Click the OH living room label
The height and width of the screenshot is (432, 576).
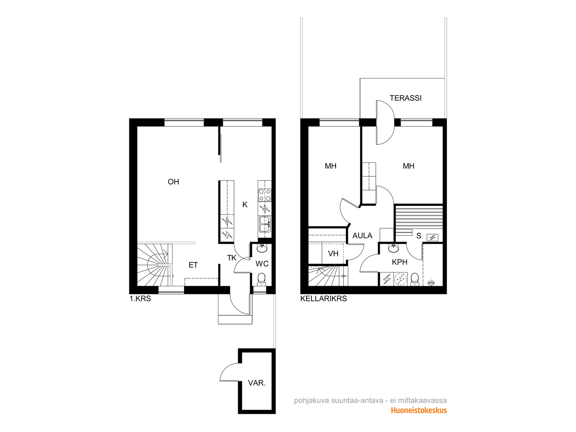173,182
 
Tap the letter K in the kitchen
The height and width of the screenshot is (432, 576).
245,204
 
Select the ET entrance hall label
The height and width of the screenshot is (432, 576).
193,265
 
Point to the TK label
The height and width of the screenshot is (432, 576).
232,258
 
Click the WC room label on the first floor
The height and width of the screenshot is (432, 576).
262,264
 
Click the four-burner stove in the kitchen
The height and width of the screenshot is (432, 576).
265,195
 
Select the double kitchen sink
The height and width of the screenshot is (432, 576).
265,224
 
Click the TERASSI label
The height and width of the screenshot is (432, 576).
405,98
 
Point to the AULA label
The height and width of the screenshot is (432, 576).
362,236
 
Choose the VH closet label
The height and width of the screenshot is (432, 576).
333,254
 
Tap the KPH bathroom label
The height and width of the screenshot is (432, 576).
399,262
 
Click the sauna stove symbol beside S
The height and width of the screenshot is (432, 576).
432,238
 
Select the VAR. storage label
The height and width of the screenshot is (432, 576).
257,383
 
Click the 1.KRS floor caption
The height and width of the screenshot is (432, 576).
140,299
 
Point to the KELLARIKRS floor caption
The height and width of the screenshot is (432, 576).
324,299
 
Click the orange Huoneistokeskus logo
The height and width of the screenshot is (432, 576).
419,410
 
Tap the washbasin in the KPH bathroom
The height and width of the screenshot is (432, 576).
393,248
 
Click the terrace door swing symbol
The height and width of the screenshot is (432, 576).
385,122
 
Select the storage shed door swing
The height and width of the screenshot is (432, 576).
229,372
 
